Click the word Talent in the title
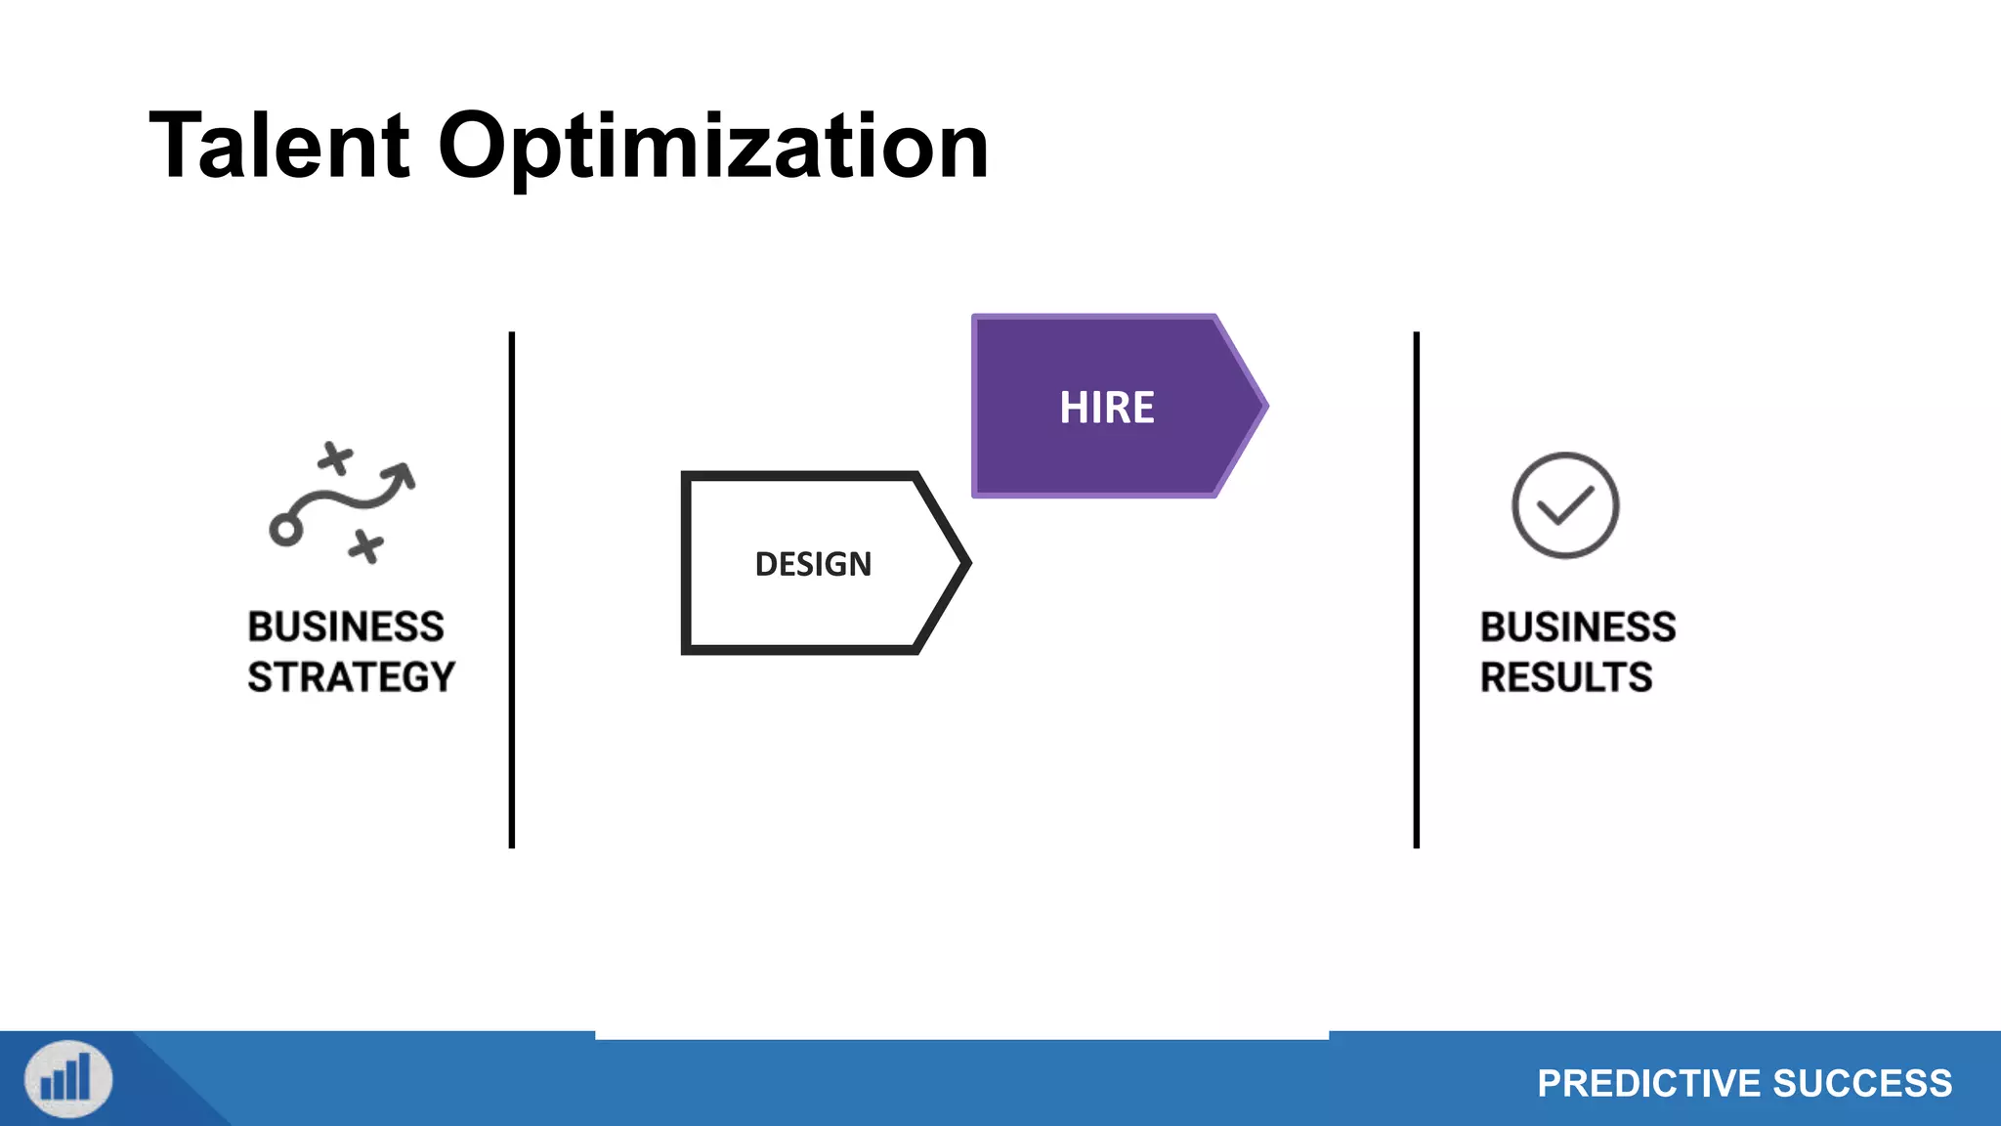(x=279, y=147)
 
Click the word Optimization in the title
(x=713, y=147)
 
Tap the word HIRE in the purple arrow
(x=1106, y=408)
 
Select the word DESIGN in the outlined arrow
(x=813, y=564)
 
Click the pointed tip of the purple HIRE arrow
(x=1263, y=406)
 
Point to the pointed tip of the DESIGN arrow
(x=965, y=563)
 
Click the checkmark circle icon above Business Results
(x=1565, y=505)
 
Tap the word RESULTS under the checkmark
(x=1565, y=677)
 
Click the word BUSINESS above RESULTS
(x=1577, y=627)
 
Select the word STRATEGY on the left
(x=351, y=677)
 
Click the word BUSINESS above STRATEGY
(x=346, y=627)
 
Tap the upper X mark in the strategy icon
(x=335, y=457)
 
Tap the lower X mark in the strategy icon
(x=366, y=546)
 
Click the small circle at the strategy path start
(x=285, y=531)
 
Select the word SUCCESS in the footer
(x=1862, y=1083)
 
